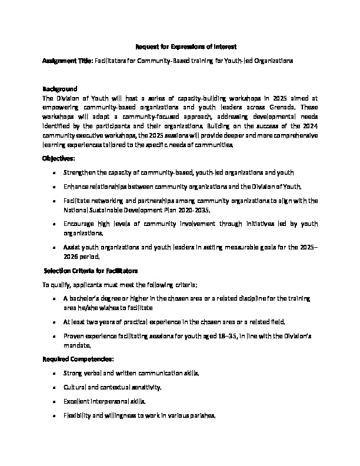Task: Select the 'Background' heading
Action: (60, 89)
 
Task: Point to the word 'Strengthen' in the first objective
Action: (82, 172)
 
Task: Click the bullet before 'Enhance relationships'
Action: (54, 187)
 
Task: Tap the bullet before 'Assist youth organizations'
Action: (54, 247)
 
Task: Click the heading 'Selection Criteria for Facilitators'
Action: (91, 271)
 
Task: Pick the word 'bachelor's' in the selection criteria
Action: (89, 299)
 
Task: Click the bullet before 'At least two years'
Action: (54, 322)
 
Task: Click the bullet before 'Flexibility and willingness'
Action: (54, 415)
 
